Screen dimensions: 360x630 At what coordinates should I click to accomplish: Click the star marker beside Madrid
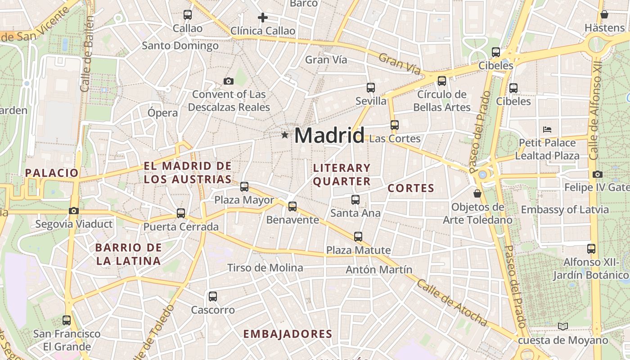point(284,135)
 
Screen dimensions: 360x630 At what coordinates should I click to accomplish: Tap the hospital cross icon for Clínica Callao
point(263,18)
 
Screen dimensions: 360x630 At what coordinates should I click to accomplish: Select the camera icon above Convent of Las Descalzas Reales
point(229,81)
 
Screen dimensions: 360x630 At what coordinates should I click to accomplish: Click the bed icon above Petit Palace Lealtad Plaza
point(547,130)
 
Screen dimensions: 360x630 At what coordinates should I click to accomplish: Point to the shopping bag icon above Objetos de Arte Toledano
point(477,193)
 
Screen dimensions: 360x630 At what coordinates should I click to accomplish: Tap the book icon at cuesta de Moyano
point(562,326)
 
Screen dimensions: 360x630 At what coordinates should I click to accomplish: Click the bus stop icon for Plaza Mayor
point(244,186)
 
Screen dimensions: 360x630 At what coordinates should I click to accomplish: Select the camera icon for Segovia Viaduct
point(74,211)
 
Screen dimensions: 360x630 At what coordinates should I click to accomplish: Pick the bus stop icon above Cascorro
point(213,297)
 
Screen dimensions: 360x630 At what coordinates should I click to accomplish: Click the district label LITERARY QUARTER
point(342,175)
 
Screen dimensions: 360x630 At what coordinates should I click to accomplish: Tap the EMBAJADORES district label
point(288,334)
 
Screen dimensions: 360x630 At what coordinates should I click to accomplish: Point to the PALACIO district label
point(52,173)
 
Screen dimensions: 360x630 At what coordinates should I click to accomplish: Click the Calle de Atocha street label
point(451,302)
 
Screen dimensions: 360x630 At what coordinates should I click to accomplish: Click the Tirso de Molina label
point(265,268)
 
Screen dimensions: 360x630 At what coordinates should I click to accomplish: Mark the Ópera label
point(162,112)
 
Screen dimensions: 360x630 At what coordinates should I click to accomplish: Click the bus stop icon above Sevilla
point(371,88)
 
